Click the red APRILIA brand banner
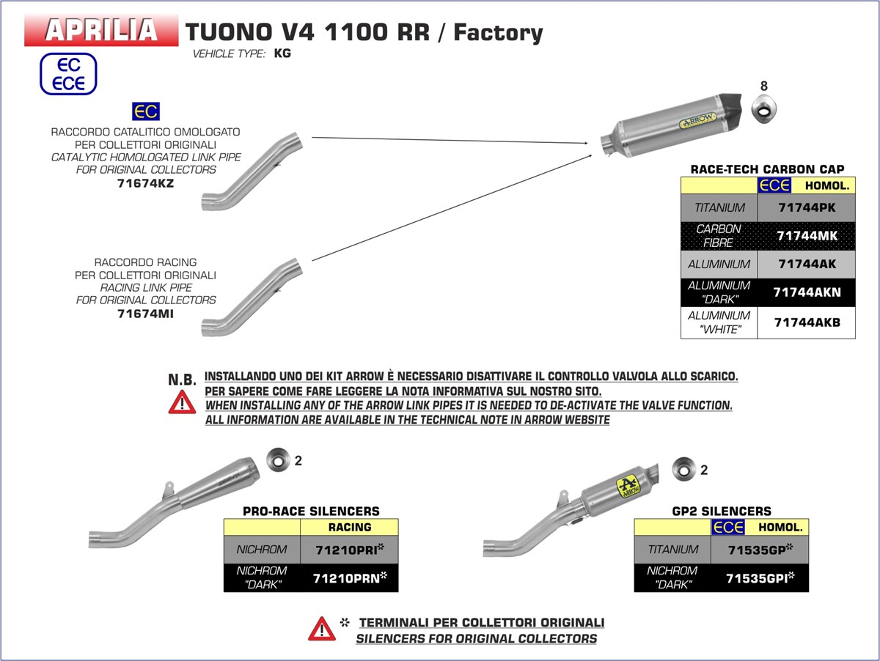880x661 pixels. [101, 30]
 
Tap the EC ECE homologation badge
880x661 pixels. [68, 74]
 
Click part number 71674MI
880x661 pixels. [145, 314]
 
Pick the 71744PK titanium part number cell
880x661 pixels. [806, 207]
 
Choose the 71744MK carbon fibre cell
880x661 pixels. [806, 236]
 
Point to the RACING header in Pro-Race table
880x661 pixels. [350, 527]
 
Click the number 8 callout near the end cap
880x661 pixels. [763, 86]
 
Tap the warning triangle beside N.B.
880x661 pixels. [182, 402]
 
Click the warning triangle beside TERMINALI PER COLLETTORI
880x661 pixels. [321, 629]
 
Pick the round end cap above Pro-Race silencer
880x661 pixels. [279, 460]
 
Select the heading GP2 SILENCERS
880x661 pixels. [721, 511]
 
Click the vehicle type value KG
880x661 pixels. [282, 53]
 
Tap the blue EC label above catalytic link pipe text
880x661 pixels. [145, 112]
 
